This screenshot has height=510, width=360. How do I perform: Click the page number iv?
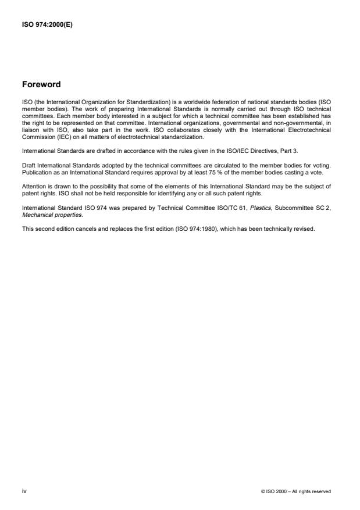24,491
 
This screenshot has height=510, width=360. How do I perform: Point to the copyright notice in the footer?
297,492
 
